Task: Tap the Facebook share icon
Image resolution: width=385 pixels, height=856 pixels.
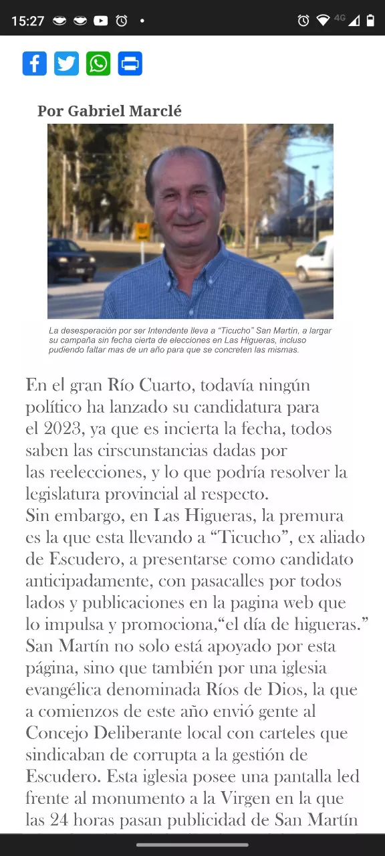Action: pyautogui.click(x=35, y=64)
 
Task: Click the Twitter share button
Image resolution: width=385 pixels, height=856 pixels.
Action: pyautogui.click(x=66, y=64)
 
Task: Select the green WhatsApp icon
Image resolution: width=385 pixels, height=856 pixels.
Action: pyautogui.click(x=98, y=64)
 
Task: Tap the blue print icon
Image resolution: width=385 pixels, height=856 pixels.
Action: pyautogui.click(x=130, y=64)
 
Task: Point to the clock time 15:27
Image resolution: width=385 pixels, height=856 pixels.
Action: pyautogui.click(x=27, y=21)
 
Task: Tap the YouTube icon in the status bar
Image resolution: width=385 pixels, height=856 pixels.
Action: pyautogui.click(x=101, y=21)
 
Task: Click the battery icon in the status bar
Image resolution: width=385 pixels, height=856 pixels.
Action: pyautogui.click(x=370, y=21)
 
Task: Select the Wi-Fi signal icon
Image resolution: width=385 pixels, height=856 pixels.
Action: pyautogui.click(x=324, y=21)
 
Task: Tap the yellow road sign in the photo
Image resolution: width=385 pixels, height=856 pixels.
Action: pyautogui.click(x=142, y=231)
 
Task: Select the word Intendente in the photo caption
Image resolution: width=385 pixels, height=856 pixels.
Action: pyautogui.click(x=174, y=331)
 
